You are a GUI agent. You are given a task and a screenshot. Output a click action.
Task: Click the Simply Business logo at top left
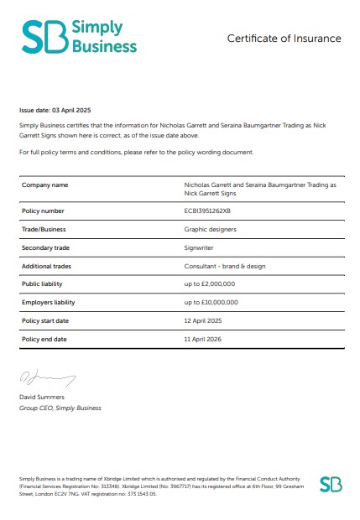click(79, 37)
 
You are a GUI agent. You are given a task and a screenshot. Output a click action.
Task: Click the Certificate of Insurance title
click(284, 39)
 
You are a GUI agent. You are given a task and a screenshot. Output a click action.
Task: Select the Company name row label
click(44, 184)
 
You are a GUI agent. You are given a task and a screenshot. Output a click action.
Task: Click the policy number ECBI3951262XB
click(211, 211)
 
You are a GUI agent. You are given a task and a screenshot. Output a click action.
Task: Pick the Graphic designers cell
click(210, 229)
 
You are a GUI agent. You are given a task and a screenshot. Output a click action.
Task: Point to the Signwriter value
click(200, 247)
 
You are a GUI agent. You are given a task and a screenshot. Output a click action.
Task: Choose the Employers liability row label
click(48, 302)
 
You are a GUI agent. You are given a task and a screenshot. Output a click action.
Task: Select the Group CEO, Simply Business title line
click(60, 408)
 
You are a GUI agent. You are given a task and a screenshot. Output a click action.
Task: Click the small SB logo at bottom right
click(331, 484)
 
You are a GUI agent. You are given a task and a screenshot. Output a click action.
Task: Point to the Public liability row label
click(43, 284)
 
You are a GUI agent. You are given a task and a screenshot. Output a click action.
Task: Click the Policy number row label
click(42, 211)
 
